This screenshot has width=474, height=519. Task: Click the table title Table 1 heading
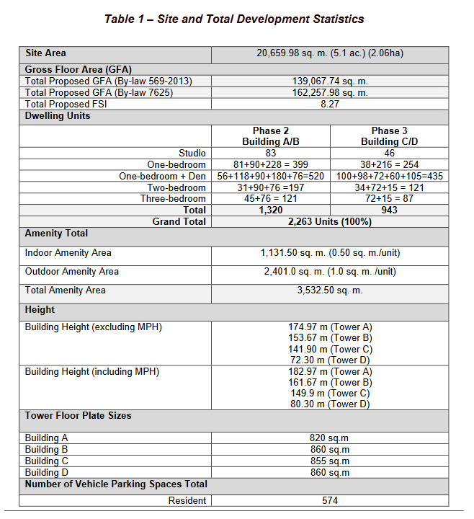point(234,19)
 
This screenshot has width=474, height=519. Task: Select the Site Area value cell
point(330,53)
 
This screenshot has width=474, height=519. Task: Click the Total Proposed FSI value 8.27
point(330,104)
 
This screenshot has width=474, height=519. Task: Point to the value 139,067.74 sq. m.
point(330,81)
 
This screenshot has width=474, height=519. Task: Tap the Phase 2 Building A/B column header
point(271,136)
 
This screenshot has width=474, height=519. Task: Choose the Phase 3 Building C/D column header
point(389,136)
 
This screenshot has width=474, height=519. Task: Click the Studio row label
point(192,153)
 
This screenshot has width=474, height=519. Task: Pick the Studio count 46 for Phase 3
point(389,153)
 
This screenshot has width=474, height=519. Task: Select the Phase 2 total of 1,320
point(271,210)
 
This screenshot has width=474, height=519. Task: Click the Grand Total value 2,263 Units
point(330,221)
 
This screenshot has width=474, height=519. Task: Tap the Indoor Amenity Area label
point(68,253)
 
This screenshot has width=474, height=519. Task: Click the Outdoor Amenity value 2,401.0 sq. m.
point(330,272)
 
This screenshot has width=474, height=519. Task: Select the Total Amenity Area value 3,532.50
point(330,290)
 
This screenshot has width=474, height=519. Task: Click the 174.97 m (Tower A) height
point(330,327)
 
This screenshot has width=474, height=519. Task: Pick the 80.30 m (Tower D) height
point(330,404)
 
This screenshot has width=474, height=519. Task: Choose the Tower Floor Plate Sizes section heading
point(79,416)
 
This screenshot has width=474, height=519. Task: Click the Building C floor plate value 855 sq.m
point(330,461)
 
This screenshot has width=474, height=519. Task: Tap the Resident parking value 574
point(330,500)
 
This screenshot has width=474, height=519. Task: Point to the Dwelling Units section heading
point(58,115)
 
